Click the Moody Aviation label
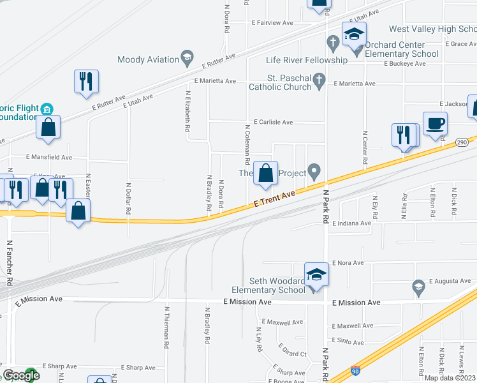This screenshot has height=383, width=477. [148, 59]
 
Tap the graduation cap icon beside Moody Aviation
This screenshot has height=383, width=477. [187, 59]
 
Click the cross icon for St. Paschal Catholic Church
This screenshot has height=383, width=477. [320, 80]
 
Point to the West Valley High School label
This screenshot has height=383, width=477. [432, 29]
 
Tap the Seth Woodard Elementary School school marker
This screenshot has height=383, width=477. [315, 275]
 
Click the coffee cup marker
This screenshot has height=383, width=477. [435, 124]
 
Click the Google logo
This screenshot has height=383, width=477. [21, 375]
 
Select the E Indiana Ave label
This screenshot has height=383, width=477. [351, 223]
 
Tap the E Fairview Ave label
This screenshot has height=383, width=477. [272, 22]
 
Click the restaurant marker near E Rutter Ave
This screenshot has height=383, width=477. [85, 81]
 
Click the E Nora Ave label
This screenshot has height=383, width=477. [348, 262]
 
